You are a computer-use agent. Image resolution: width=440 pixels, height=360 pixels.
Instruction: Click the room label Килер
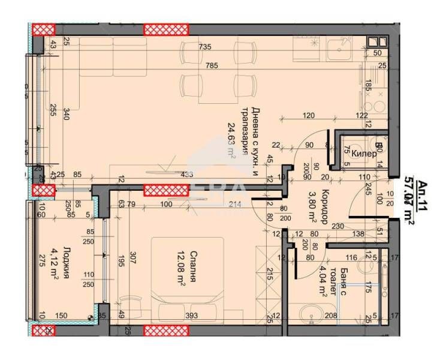(364, 154)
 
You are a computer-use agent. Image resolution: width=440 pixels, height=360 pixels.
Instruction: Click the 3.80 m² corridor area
(307, 205)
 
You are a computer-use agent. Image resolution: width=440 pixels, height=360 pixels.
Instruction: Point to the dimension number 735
(206, 47)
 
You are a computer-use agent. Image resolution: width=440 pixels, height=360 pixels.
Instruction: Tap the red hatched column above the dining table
(166, 29)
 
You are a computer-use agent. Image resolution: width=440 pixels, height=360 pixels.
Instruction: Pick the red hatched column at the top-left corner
(43, 29)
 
